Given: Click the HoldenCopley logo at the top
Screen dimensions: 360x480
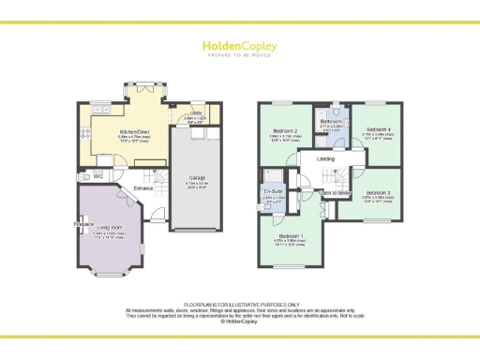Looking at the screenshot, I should click(x=240, y=46).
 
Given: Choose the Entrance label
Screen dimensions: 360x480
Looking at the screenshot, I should click(x=143, y=188).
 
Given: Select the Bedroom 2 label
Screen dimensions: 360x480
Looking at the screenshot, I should click(x=285, y=131).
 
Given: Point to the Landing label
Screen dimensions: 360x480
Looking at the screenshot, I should click(x=326, y=158).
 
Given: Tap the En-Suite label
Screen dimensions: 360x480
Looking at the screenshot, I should click(x=273, y=191).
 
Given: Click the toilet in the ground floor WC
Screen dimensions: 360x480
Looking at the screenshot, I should click(x=87, y=175).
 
